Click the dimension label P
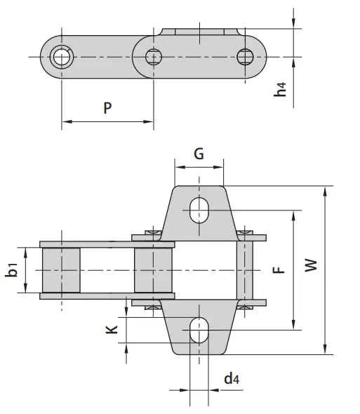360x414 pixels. (x=107, y=108)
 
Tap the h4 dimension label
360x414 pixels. (x=281, y=91)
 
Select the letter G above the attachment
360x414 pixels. (x=199, y=154)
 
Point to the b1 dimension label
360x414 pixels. (x=13, y=270)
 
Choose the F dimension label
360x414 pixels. (x=279, y=269)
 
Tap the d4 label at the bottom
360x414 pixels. (x=232, y=380)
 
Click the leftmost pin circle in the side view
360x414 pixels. (x=62, y=56)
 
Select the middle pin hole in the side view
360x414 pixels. (x=154, y=56)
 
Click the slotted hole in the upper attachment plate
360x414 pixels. (x=199, y=209)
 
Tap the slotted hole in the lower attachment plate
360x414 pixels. (x=199, y=330)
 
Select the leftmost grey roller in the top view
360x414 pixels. (x=62, y=270)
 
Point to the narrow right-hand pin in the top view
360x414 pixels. (x=245, y=270)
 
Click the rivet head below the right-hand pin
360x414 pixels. (x=245, y=307)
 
